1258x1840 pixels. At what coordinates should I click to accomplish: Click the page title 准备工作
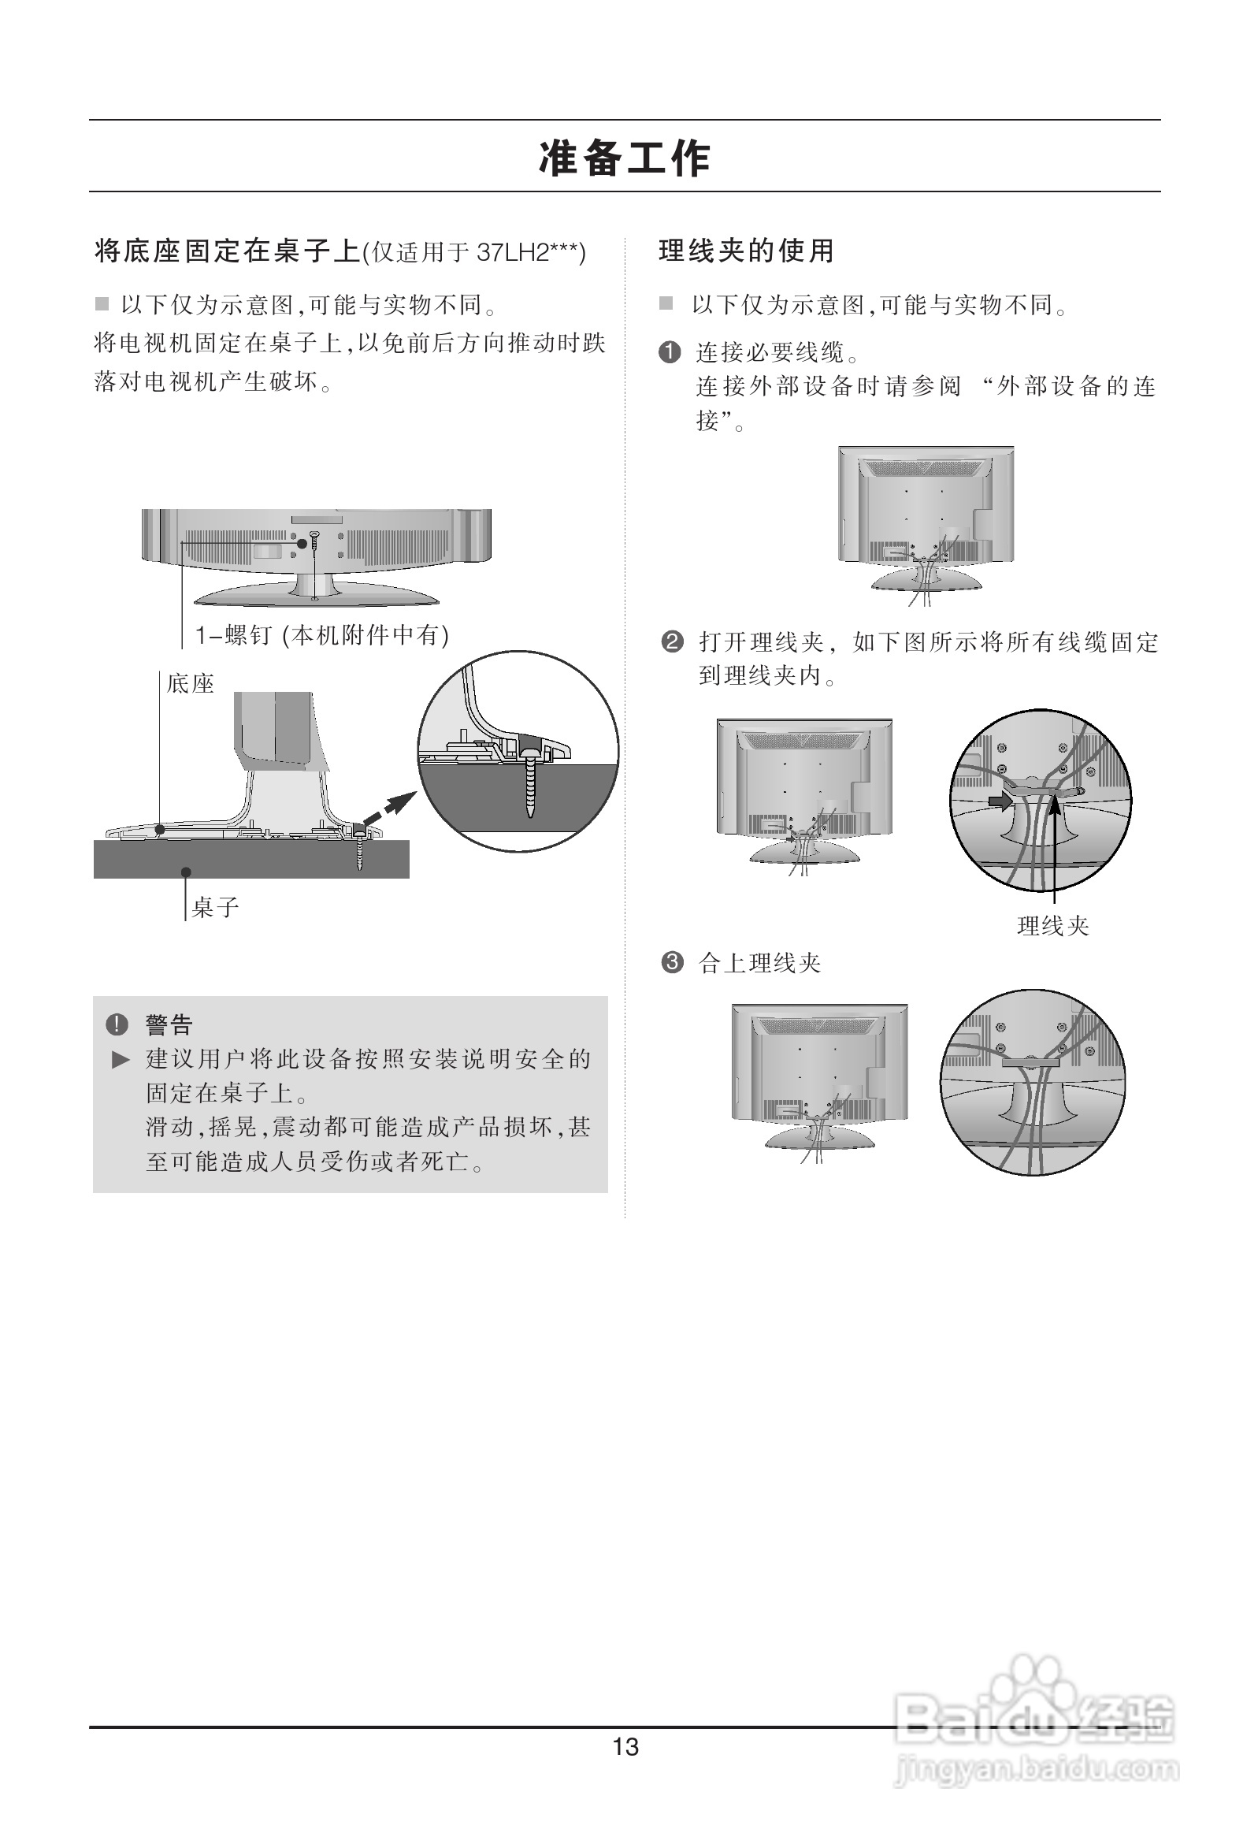pos(625,158)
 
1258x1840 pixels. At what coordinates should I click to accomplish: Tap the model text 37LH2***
pos(525,253)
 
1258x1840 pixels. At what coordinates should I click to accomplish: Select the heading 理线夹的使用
pos(747,251)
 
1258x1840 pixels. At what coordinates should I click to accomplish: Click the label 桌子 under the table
pos(215,907)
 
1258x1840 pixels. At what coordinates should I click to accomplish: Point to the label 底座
pos(190,683)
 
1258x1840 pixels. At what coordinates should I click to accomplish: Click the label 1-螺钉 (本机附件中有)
pos(322,635)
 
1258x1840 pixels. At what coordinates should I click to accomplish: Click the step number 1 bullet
pos(670,352)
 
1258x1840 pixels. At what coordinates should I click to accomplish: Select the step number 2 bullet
pos(671,641)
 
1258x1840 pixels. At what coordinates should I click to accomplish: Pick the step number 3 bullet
pos(671,963)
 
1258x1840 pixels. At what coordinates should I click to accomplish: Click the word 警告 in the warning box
pos(169,1024)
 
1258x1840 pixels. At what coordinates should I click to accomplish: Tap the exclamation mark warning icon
pos(117,1024)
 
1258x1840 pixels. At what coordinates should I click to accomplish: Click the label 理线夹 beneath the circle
pos(1053,926)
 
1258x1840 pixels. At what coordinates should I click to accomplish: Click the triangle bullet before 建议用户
pos(121,1059)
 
